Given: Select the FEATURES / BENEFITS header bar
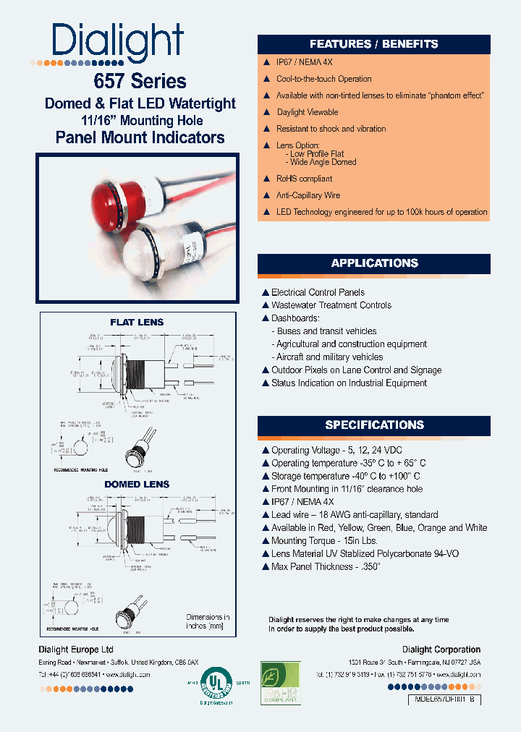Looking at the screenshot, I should tap(373, 44).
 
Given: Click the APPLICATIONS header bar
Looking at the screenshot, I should tap(374, 263).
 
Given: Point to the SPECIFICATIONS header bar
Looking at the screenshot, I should tap(374, 425).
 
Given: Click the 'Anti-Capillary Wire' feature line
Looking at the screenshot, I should tap(308, 195).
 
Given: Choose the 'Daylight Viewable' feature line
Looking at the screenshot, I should tap(307, 112).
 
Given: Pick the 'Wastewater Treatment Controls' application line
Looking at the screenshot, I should tap(331, 305).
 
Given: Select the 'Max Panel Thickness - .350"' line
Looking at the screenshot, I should tap(325, 567).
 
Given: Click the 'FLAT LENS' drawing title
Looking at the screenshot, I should tap(137, 322).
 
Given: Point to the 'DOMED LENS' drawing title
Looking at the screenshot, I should tap(137, 484).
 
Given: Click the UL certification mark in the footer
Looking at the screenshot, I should tap(214, 683).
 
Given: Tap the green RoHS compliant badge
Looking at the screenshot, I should tap(280, 683).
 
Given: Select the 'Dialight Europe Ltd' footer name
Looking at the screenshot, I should tap(76, 650).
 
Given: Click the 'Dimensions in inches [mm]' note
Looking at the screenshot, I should tap(208, 621).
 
